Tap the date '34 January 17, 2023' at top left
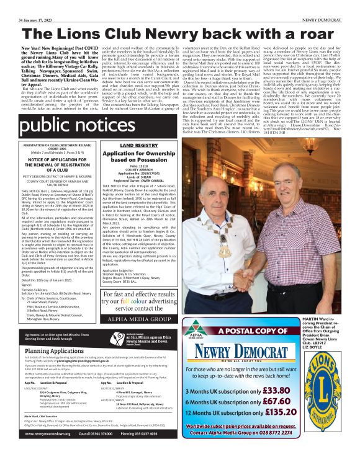pos(27,5)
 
